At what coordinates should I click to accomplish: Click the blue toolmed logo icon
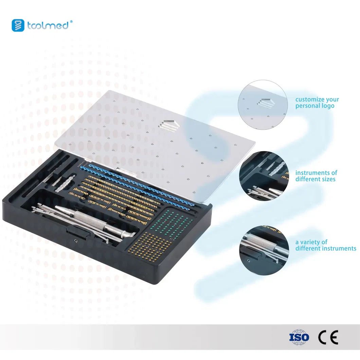click(x=18, y=25)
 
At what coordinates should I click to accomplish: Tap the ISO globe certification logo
click(x=299, y=337)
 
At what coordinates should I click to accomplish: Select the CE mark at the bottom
click(x=328, y=337)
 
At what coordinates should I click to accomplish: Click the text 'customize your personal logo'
click(x=317, y=103)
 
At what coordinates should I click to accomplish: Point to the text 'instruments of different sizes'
click(x=316, y=176)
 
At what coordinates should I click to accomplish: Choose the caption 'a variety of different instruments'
click(x=325, y=245)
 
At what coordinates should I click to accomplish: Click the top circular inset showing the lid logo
click(x=263, y=105)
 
